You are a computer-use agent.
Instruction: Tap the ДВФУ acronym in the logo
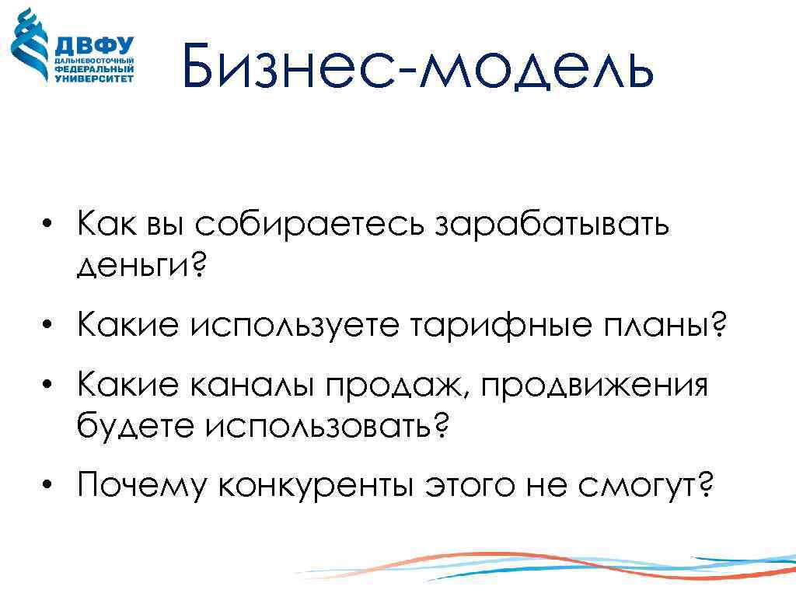pos(94,45)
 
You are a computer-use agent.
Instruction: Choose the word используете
pos(292,327)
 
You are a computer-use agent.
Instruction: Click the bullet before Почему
pos(49,486)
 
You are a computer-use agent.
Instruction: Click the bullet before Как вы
pos(49,225)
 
